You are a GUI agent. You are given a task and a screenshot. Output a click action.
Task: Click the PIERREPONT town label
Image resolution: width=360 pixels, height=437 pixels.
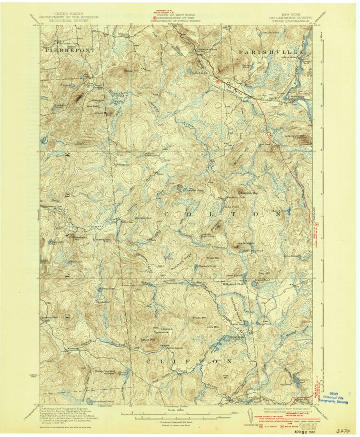click(63, 49)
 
